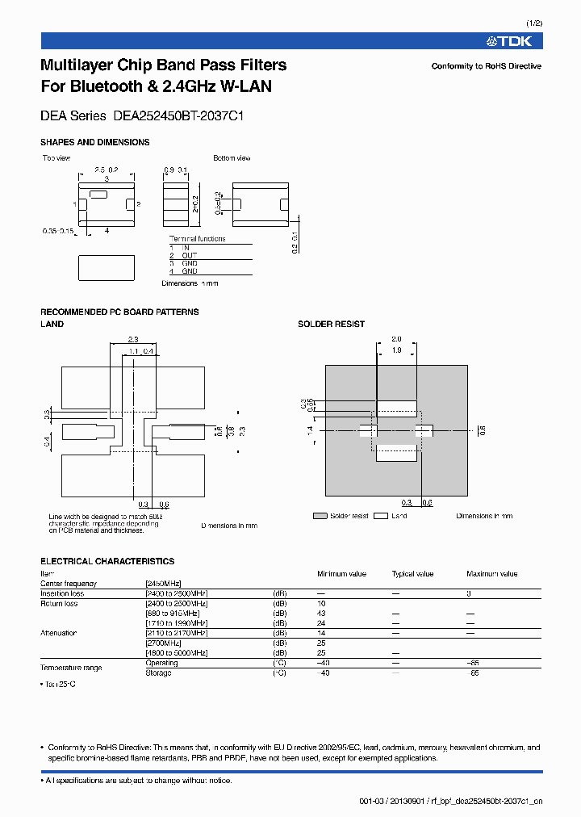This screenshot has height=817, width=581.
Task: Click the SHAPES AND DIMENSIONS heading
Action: (94, 142)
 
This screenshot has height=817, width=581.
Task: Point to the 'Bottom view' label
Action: (232, 158)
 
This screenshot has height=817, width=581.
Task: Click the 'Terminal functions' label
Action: (197, 239)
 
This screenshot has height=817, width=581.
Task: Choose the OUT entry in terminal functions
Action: (189, 255)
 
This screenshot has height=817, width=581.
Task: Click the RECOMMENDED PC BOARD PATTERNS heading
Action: (119, 312)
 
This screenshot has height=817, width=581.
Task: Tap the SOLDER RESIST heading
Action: (331, 324)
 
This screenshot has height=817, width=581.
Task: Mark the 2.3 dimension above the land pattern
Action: (133, 339)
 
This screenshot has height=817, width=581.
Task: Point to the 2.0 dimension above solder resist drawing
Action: (396, 339)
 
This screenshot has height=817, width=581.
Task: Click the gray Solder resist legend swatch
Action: (319, 516)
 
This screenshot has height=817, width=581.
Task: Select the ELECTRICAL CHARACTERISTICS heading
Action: (107, 561)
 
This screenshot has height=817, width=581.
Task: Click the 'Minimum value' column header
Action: (341, 574)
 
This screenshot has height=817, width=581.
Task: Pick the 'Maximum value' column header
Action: (491, 574)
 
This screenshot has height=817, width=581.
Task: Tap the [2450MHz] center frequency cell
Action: (163, 584)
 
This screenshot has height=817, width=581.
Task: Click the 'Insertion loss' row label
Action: (62, 593)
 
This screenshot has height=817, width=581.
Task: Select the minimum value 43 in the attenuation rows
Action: (322, 614)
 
